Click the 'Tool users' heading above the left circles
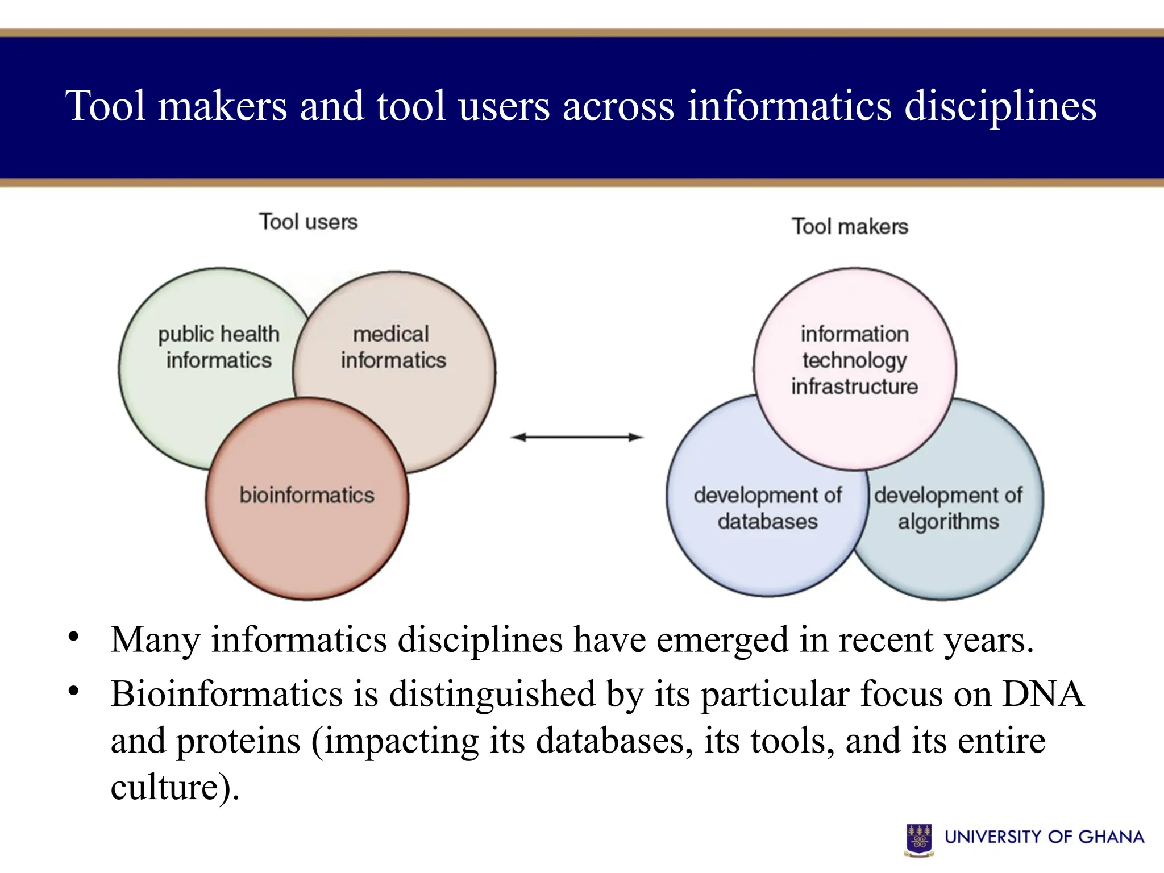(308, 222)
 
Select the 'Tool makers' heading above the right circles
(850, 226)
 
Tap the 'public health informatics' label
(219, 347)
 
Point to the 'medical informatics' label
(393, 347)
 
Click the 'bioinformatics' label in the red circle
(307, 495)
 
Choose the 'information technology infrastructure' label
(854, 360)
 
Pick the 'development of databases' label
(767, 508)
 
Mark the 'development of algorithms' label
(948, 508)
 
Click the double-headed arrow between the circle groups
(577, 437)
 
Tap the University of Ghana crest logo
(918, 839)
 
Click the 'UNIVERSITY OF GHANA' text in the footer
(1044, 837)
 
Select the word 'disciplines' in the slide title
(1000, 106)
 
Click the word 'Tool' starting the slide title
(106, 106)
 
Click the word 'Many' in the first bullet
(155, 640)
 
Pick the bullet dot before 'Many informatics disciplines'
(73, 637)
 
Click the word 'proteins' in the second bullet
(238, 741)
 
